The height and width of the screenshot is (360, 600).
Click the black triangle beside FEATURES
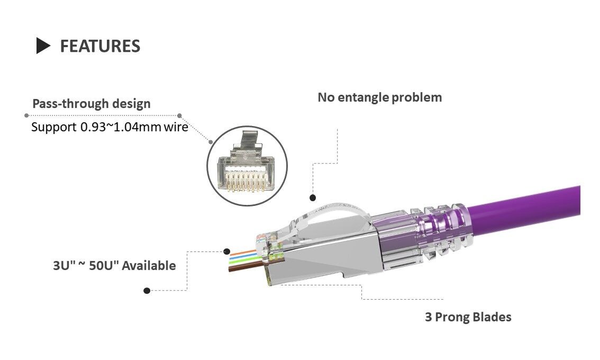pos(42,46)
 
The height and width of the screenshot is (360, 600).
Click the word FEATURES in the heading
pos(100,46)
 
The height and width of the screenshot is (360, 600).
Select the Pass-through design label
pos(92,104)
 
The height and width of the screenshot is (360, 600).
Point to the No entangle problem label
pos(379,97)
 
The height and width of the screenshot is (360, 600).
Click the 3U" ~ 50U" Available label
pos(114,265)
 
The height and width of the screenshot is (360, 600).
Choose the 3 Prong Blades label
pos(468,317)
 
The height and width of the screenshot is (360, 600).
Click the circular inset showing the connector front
pos(247,166)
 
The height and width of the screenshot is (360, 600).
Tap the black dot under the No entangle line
pos(313,197)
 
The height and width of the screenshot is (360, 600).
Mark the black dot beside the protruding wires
pos(226,251)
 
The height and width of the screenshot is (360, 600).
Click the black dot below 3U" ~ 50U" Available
pos(147,291)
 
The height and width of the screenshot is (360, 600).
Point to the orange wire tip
pos(231,254)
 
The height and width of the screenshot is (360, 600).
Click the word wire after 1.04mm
pos(176,127)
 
